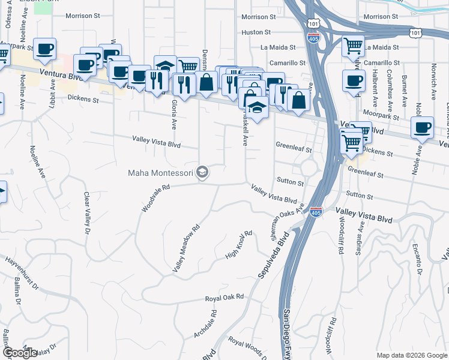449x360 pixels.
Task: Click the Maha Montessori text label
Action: pyautogui.click(x=160, y=173)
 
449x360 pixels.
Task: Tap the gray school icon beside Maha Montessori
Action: pyautogui.click(x=203, y=173)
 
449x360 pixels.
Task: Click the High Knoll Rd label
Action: pyautogui.click(x=238, y=246)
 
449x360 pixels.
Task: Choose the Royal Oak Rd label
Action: pyautogui.click(x=224, y=297)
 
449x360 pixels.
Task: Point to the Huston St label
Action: pyautogui.click(x=256, y=32)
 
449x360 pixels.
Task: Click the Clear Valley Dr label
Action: pyautogui.click(x=88, y=213)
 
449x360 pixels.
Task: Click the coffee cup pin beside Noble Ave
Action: pyautogui.click(x=423, y=127)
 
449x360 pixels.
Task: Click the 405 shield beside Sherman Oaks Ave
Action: pyautogui.click(x=316, y=212)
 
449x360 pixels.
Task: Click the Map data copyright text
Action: pyautogui.click(x=412, y=355)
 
